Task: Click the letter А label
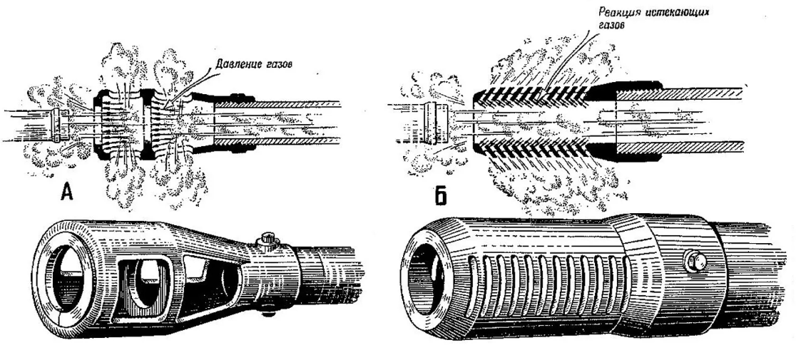pyautogui.click(x=66, y=192)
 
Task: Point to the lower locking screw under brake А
pyautogui.click(x=269, y=310)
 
